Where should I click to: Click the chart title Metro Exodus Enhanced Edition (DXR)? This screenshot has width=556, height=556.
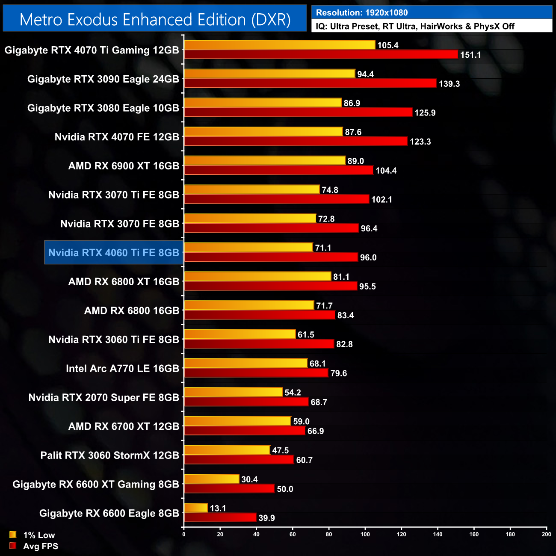tap(155, 20)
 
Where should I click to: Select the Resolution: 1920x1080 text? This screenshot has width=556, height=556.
tap(361, 12)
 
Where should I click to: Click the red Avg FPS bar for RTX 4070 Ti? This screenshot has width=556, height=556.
tap(321, 54)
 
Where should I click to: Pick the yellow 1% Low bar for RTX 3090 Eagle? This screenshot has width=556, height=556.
tap(269, 74)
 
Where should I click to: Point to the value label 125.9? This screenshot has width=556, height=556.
tap(425, 113)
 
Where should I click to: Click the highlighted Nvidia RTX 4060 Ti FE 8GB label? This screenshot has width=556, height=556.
tap(114, 253)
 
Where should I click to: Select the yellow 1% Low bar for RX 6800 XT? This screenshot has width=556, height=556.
tap(257, 277)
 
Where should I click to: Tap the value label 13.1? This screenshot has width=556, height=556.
tap(218, 508)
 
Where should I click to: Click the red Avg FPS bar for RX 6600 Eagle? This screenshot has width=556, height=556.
tap(220, 518)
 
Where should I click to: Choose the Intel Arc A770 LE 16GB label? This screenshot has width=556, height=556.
tap(122, 369)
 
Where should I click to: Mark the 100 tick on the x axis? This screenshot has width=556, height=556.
tap(365, 534)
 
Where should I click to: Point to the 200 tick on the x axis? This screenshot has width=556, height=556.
tap(546, 534)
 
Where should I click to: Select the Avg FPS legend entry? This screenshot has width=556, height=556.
tap(34, 546)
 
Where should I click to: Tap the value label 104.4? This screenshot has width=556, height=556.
tap(386, 171)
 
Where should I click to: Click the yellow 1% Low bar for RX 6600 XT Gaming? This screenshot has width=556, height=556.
tap(211, 479)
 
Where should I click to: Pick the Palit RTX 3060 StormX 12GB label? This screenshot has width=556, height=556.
tap(109, 455)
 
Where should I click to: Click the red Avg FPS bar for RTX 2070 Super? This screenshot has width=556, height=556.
tap(246, 402)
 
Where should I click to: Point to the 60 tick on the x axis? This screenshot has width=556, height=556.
tap(293, 534)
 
